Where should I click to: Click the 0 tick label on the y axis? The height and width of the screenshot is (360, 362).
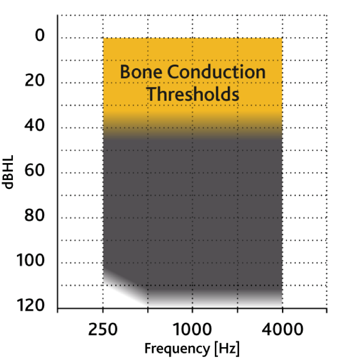(40, 35)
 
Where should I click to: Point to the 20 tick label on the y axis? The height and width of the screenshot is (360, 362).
(34, 81)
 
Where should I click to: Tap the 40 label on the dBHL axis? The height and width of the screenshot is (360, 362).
(34, 125)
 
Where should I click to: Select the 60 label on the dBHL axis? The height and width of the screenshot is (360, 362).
(34, 171)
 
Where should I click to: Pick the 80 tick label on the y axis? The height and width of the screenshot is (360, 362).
(34, 215)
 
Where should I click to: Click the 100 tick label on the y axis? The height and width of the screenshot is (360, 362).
(30, 261)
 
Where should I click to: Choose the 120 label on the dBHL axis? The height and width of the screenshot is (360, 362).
(30, 305)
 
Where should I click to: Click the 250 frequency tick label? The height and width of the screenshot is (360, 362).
(103, 329)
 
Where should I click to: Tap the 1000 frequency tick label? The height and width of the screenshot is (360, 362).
(192, 329)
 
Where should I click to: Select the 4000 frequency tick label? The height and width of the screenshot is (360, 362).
(282, 329)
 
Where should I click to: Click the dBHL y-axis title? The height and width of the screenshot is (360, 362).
(8, 172)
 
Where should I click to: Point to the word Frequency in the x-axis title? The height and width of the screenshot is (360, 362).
(177, 349)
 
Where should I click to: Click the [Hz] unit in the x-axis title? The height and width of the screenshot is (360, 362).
(227, 349)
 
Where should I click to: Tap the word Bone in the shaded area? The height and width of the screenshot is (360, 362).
(141, 72)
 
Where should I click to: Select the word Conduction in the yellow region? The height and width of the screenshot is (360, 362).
(216, 72)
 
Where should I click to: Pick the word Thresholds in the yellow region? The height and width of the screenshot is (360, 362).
(193, 94)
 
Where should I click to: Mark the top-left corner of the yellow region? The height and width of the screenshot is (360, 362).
(103, 38)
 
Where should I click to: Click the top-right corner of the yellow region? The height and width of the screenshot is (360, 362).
(282, 38)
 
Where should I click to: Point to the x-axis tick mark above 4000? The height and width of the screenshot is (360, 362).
(282, 311)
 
